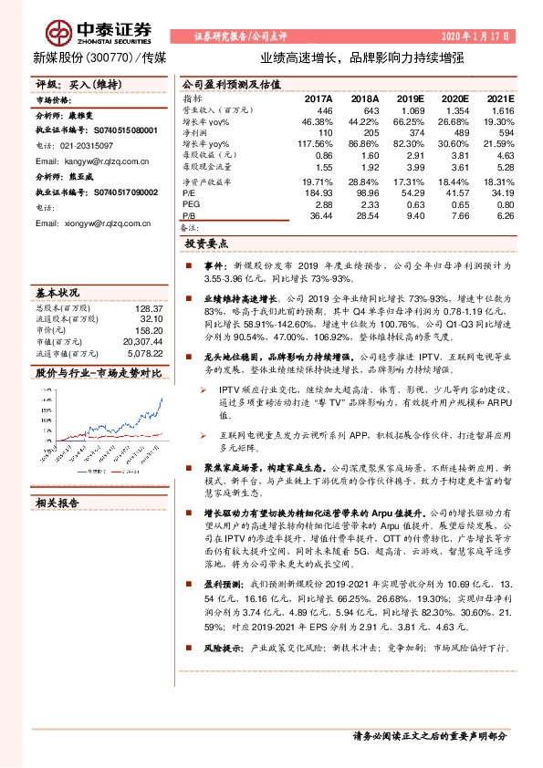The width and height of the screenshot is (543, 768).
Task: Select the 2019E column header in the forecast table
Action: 411,99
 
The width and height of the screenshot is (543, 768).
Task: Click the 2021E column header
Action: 499,99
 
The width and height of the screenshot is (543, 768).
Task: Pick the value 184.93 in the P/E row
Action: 317,193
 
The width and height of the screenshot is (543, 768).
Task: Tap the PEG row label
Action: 192,204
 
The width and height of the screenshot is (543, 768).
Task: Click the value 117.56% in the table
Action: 315,144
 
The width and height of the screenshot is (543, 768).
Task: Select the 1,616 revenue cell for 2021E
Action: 501,109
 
